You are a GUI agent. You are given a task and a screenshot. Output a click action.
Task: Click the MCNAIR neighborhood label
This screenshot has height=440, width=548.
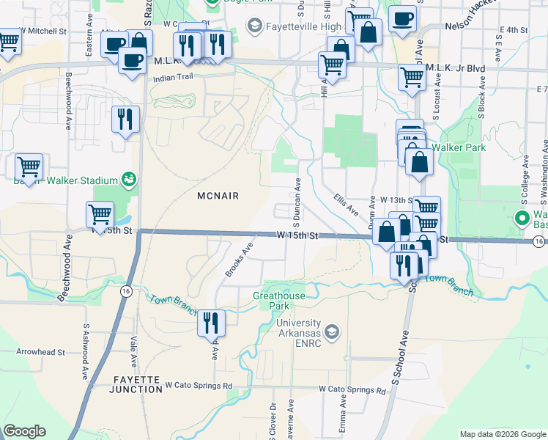point(219,195)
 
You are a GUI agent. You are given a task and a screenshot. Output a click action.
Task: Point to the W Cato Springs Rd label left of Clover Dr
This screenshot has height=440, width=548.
point(198,385)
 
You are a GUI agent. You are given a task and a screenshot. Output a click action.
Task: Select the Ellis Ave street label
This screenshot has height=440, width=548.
point(346,204)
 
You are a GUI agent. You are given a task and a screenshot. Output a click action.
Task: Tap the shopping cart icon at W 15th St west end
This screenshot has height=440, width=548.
point(100,214)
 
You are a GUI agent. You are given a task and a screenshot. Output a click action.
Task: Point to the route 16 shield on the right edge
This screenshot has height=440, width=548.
point(539,241)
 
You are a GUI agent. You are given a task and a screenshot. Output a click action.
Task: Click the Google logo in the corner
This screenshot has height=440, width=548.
point(24,431)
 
